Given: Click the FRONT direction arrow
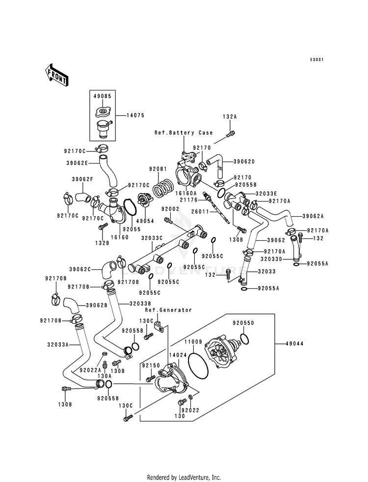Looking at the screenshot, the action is (x=57, y=75).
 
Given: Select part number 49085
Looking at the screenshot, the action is (x=103, y=96).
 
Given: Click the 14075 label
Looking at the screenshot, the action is (x=135, y=115).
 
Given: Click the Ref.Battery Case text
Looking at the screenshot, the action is (x=184, y=133).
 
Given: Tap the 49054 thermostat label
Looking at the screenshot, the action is (x=145, y=221).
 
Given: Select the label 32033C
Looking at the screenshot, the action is (x=152, y=238).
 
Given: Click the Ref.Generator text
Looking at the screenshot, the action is (x=168, y=310).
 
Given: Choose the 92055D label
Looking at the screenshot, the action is (x=243, y=323).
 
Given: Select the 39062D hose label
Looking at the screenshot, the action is (x=244, y=162).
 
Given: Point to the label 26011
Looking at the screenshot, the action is (x=200, y=212).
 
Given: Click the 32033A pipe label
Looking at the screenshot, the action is (x=58, y=344).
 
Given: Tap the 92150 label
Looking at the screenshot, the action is (x=151, y=366).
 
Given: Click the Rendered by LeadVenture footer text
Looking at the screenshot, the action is (x=184, y=478).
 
